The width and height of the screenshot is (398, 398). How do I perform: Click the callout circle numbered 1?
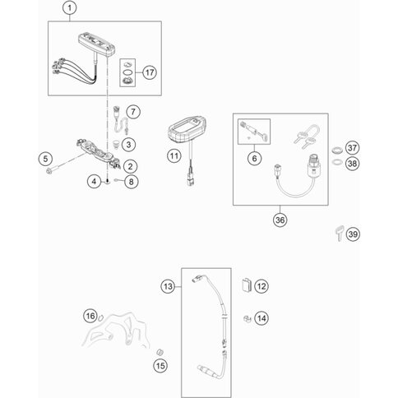click(x=70, y=8)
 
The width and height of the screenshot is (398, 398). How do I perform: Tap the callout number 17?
click(x=150, y=72)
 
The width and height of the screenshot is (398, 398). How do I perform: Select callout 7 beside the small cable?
click(x=133, y=112)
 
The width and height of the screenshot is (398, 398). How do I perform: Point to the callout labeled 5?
click(x=45, y=159)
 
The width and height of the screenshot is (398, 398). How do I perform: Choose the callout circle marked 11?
click(x=174, y=156)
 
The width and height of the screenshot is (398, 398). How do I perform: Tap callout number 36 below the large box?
click(x=280, y=220)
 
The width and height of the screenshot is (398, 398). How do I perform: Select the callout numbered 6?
click(x=254, y=158)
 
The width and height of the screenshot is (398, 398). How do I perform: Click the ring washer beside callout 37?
click(x=336, y=150)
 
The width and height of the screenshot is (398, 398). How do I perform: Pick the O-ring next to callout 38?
click(x=336, y=162)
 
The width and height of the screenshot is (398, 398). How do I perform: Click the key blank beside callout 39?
click(x=340, y=233)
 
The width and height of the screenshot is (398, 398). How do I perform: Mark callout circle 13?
click(x=168, y=287)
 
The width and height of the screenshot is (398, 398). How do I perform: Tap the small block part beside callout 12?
click(x=247, y=285)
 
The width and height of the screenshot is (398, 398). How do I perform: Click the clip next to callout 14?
click(x=248, y=318)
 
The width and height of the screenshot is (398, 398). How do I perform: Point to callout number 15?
click(x=160, y=365)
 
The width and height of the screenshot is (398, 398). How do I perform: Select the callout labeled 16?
click(x=90, y=316)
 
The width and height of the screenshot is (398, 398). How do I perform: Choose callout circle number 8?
click(x=131, y=182)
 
